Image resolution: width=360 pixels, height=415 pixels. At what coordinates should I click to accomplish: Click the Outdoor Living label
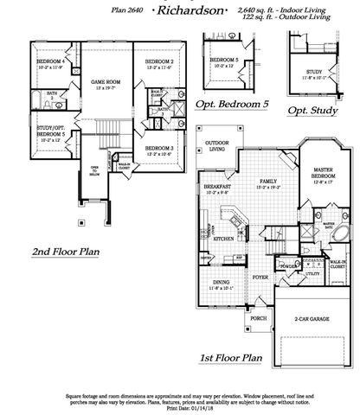tap(212, 145)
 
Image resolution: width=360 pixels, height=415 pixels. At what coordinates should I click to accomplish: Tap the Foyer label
tap(260, 277)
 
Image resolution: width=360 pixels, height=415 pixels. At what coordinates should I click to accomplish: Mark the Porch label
tap(259, 316)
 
